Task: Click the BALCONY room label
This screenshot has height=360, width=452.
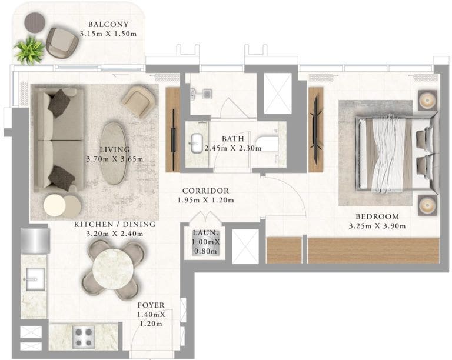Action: (x=108, y=25)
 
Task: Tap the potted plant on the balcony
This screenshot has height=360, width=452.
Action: (x=29, y=51)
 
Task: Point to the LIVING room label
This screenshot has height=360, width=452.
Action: (x=115, y=150)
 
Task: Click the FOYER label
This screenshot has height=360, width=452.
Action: (x=151, y=305)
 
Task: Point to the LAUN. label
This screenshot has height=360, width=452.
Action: (x=205, y=232)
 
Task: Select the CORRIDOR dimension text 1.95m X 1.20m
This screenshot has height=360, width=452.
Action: (x=205, y=200)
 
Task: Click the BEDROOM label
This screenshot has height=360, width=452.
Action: (x=377, y=216)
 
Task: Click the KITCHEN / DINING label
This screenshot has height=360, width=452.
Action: (x=115, y=225)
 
